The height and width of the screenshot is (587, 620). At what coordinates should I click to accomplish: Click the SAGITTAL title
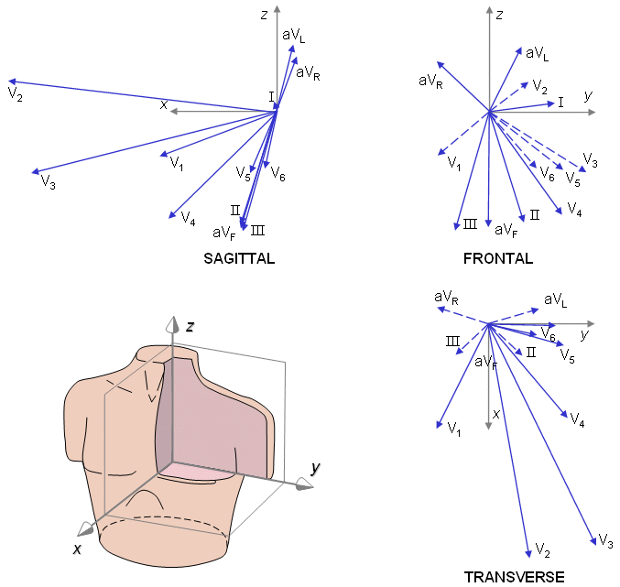point(239,259)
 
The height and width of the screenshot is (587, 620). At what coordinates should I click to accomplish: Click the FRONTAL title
point(498,259)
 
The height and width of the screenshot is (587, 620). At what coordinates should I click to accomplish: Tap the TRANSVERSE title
point(514,577)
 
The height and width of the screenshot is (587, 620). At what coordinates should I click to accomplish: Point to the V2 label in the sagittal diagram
point(15,94)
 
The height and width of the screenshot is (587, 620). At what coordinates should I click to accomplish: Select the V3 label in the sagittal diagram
point(49,183)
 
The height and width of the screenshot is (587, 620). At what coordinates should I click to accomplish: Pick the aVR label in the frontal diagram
point(430,81)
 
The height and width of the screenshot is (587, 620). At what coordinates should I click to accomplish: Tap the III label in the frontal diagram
point(471,223)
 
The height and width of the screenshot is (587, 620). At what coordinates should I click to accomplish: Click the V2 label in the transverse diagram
point(542,550)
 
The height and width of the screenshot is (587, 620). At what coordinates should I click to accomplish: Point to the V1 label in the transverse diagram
point(452,429)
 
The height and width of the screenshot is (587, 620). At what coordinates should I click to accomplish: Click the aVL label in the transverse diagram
point(556,299)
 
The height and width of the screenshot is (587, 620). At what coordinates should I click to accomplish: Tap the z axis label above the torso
point(189,326)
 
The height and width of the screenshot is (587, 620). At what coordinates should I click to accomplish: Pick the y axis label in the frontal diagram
point(588,95)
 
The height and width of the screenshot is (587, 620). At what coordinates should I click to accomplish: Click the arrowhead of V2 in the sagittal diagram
point(9,82)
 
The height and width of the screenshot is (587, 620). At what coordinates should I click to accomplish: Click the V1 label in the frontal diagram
point(454,163)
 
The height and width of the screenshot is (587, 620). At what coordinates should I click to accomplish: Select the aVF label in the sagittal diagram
point(223,234)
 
